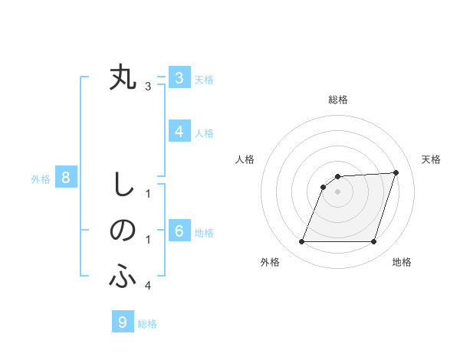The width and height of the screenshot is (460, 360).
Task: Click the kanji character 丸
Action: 123,77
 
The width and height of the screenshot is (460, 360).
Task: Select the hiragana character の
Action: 123,231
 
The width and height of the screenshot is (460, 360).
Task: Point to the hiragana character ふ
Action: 123,277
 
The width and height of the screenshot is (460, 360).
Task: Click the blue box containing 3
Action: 179,78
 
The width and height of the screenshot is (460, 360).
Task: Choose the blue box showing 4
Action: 179,132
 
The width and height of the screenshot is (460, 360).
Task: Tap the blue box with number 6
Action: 179,231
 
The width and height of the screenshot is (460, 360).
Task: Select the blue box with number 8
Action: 66,178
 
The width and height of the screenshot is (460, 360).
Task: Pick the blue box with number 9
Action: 123,322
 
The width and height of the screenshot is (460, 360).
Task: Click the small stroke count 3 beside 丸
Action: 148,87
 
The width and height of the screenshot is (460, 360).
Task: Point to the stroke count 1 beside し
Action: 148,194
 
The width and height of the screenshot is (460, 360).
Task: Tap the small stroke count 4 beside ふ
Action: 148,286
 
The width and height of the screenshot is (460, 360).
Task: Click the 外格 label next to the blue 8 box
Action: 41,180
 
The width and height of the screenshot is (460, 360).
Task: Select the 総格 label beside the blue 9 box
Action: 148,324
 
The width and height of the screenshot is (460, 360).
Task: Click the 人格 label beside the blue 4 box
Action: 204,133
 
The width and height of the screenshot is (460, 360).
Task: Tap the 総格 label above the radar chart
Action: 337,100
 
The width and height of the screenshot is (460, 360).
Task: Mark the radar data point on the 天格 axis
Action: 396,172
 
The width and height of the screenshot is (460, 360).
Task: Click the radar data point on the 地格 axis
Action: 373,241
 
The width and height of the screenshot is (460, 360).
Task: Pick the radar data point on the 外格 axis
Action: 301,241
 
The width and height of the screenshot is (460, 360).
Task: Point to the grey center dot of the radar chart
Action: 337,191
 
